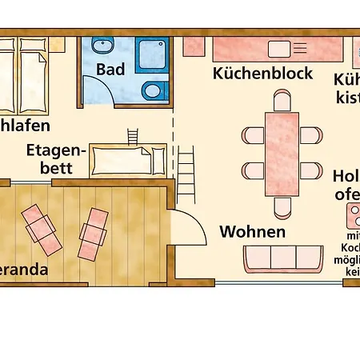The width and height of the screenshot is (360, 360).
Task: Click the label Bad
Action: (x=110, y=69)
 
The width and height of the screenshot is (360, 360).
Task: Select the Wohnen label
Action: (x=252, y=232)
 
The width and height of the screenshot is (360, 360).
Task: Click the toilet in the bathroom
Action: (x=150, y=90)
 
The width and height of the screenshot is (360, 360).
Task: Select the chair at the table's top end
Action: (x=282, y=101)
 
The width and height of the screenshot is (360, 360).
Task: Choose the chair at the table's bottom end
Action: (x=282, y=207)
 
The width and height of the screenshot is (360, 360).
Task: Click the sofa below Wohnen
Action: (x=282, y=258)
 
